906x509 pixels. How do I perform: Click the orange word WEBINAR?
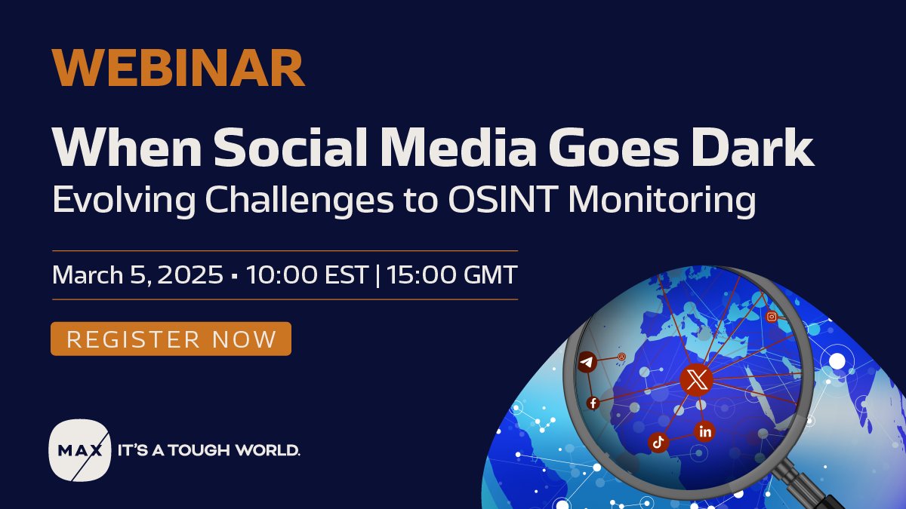pyautogui.click(x=178, y=68)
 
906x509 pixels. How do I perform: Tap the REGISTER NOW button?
pyautogui.click(x=171, y=339)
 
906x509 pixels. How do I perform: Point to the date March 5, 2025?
pyautogui.click(x=137, y=275)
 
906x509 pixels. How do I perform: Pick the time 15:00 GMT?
pyautogui.click(x=452, y=275)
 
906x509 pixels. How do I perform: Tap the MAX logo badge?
pyautogui.click(x=79, y=450)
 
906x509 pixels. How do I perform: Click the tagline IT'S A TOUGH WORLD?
pyautogui.click(x=208, y=450)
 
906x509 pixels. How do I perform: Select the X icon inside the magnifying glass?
pyautogui.click(x=696, y=380)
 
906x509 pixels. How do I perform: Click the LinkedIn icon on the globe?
pyautogui.click(x=705, y=431)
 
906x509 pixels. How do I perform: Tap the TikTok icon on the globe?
pyautogui.click(x=658, y=443)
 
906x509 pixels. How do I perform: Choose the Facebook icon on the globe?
pyautogui.click(x=593, y=403)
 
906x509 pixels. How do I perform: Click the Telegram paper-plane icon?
pyautogui.click(x=587, y=363)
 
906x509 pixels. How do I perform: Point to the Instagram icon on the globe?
pyautogui.click(x=771, y=317)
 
